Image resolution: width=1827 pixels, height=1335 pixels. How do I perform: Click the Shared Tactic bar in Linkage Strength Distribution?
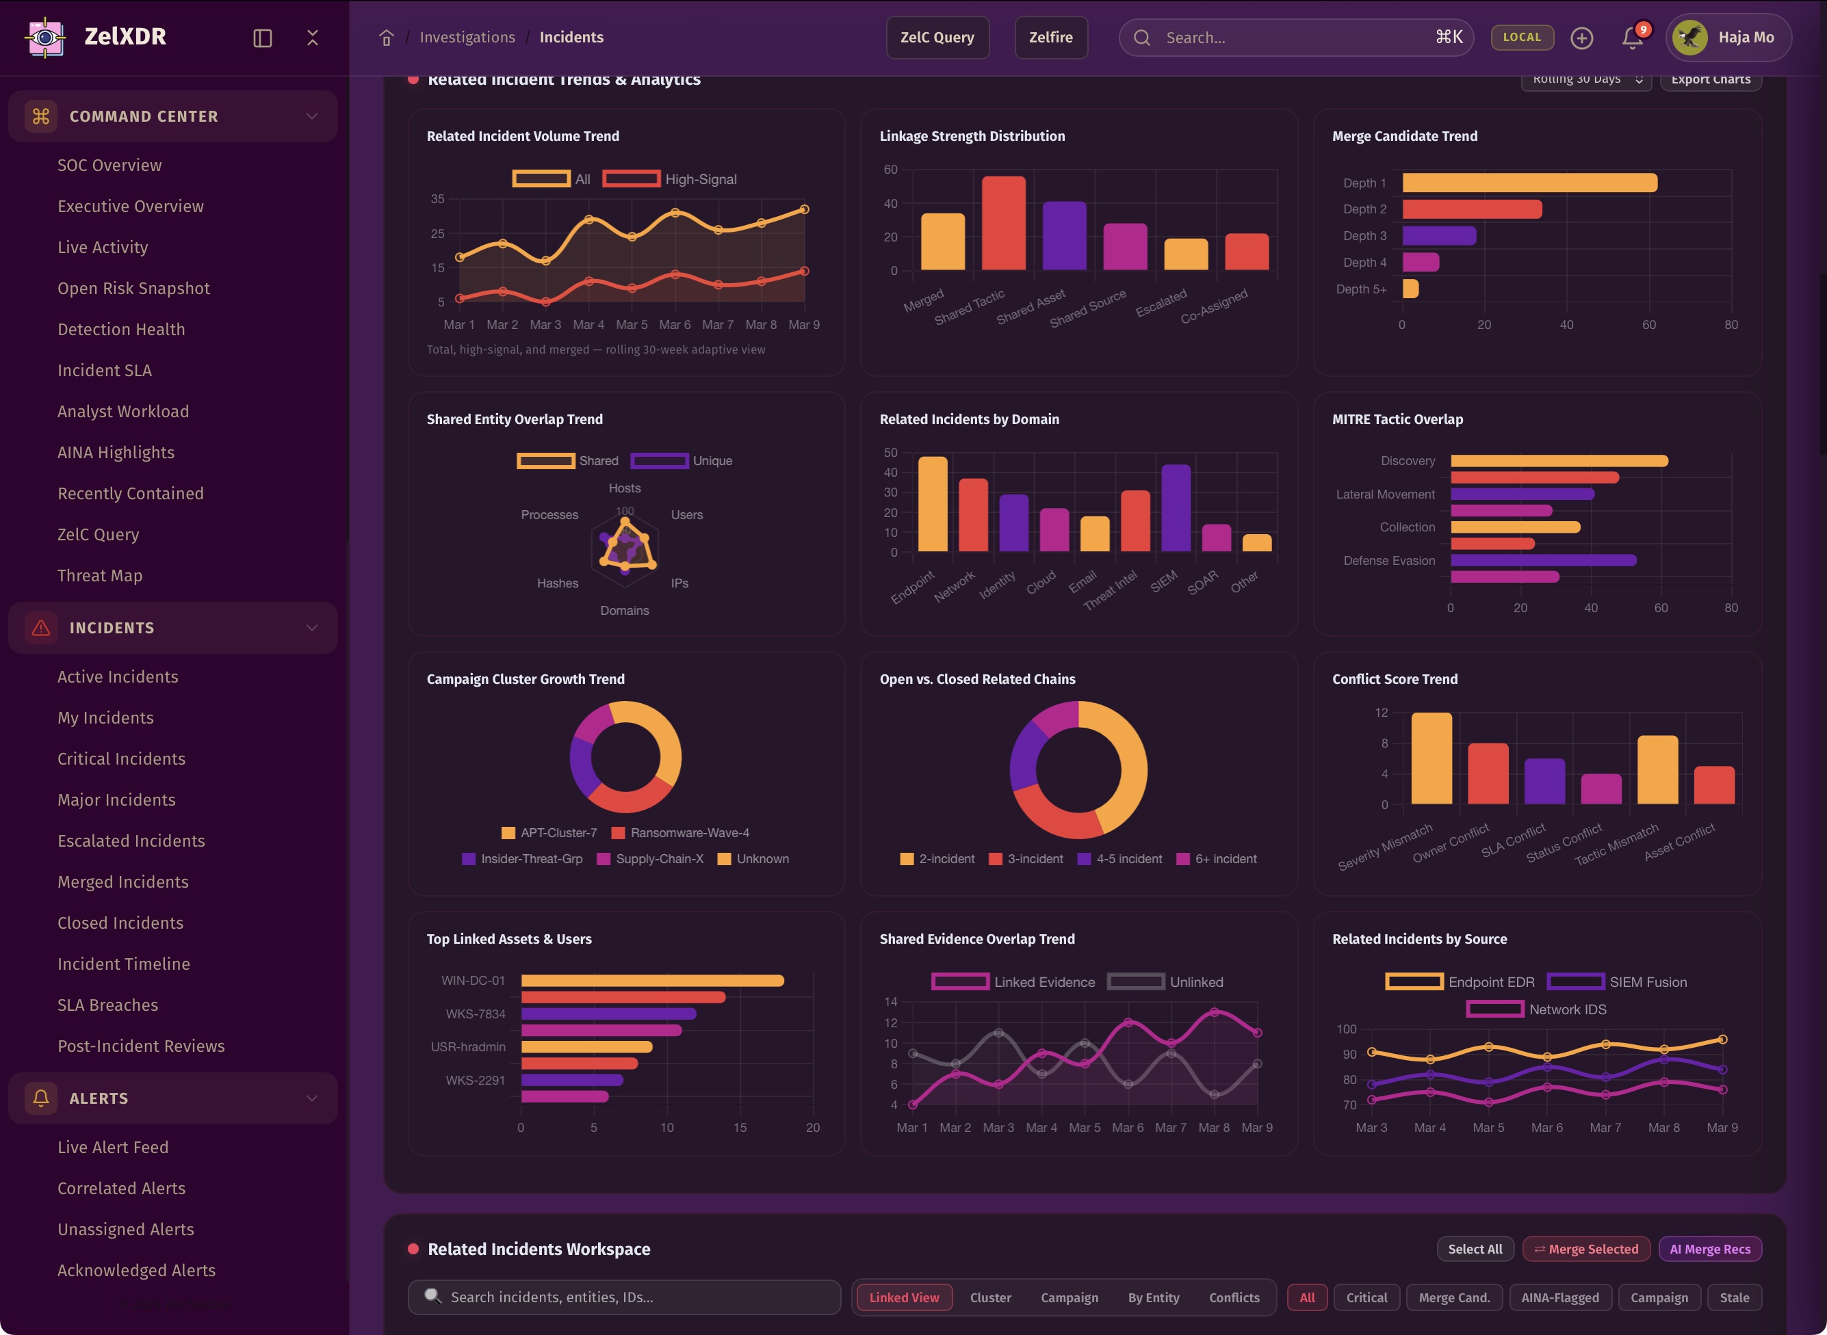(1003, 223)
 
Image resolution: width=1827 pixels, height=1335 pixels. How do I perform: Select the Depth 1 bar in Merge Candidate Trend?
(1529, 183)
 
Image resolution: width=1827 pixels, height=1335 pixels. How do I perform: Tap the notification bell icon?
(1631, 38)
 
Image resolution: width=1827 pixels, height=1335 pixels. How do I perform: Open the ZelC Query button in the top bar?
(937, 37)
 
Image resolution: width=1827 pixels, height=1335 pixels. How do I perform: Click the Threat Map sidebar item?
(99, 575)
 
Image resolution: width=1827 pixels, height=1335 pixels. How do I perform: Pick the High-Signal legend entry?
(670, 179)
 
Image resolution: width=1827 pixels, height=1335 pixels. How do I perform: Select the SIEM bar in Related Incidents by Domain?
(1176, 508)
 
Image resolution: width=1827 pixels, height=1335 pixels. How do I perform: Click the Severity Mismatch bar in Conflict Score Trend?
(1431, 758)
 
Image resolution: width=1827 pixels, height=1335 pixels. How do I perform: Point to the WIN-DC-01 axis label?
(473, 980)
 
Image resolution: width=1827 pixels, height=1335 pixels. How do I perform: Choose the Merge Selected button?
(1585, 1249)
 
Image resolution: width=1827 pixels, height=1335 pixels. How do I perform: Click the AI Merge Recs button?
(1710, 1249)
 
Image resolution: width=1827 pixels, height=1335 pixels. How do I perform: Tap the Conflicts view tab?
(1234, 1297)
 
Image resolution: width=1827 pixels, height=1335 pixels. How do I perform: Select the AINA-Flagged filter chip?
(1559, 1297)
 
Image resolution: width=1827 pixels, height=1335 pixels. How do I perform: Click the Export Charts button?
(1711, 79)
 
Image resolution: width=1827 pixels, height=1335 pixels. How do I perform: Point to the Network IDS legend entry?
(1537, 1009)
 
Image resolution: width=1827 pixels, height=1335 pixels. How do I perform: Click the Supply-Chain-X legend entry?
(650, 858)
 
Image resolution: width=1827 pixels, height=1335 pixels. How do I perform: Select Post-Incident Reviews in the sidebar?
(141, 1046)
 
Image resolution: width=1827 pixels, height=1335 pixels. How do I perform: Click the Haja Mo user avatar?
(1689, 37)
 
